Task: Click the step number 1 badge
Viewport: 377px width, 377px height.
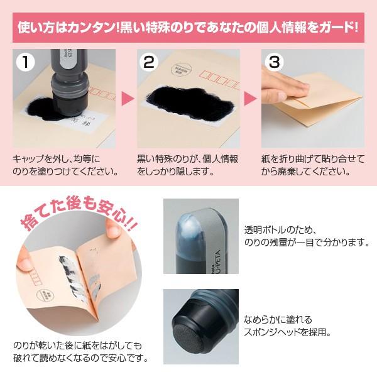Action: point(25,62)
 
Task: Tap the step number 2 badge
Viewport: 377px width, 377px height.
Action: point(149,62)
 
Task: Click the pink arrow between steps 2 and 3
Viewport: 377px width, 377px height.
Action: point(251,99)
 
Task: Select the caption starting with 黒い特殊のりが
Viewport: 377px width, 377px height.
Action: point(187,165)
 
